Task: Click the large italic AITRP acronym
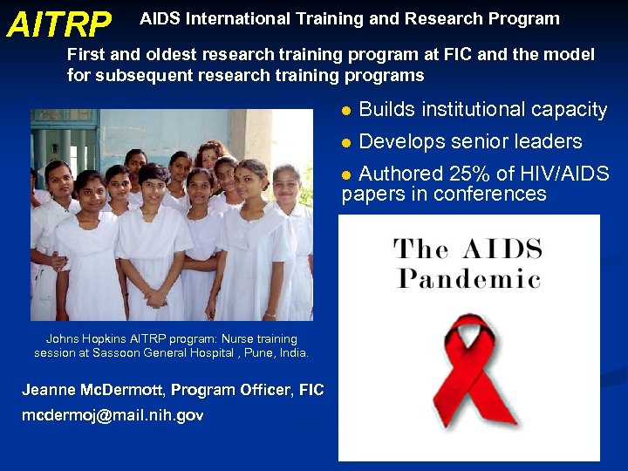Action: tap(58, 25)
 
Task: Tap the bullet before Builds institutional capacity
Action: tap(346, 111)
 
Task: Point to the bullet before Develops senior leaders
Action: tap(346, 142)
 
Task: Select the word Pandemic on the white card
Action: tap(468, 279)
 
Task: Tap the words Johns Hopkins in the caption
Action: tap(88, 339)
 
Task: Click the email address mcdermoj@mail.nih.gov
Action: tap(113, 416)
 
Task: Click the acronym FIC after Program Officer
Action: tap(311, 390)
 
